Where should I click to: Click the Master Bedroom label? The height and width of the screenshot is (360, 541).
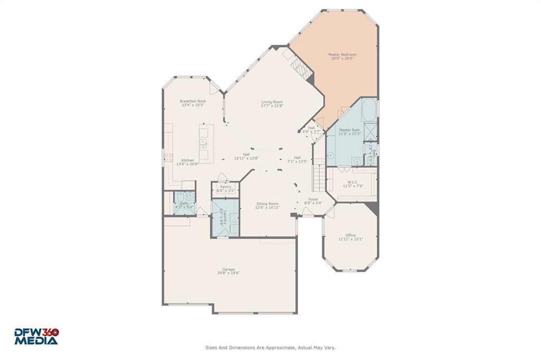click(342, 54)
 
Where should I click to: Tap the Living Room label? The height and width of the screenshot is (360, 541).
click(272, 102)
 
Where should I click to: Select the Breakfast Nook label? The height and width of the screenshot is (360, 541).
click(193, 101)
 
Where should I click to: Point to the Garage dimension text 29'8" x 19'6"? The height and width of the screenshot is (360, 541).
click(228, 273)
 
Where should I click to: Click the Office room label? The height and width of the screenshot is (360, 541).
click(350, 235)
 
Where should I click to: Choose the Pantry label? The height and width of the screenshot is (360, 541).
click(226, 186)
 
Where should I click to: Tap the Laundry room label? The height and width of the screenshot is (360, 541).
click(225, 217)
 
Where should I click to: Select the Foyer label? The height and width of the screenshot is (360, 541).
click(313, 199)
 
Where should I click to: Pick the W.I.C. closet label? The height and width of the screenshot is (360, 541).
click(353, 182)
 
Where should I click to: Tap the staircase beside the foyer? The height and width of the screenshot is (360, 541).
click(318, 177)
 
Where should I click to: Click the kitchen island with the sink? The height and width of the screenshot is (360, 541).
click(203, 143)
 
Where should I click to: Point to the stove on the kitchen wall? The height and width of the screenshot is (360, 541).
click(169, 156)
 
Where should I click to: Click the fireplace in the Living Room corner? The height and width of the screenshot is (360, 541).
click(299, 68)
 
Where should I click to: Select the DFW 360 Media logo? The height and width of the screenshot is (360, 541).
click(36, 336)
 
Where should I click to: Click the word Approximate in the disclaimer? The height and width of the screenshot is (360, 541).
click(277, 348)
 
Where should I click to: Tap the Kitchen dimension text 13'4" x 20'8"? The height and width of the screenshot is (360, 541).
click(188, 164)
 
